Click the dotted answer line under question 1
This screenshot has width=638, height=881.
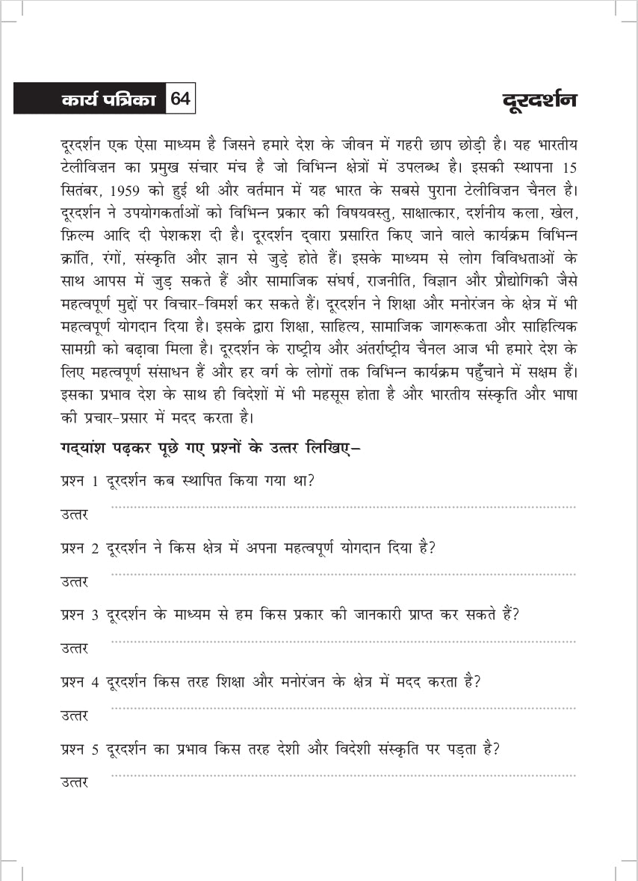[x=344, y=508]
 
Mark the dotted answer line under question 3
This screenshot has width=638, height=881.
[x=344, y=642]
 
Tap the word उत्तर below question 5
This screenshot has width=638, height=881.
[x=74, y=782]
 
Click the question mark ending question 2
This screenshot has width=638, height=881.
[x=433, y=547]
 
